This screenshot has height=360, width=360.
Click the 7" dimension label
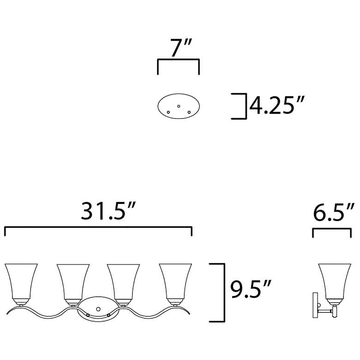point(180,48)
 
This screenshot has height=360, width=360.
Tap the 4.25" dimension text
point(276,105)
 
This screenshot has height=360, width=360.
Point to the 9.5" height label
point(251,289)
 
